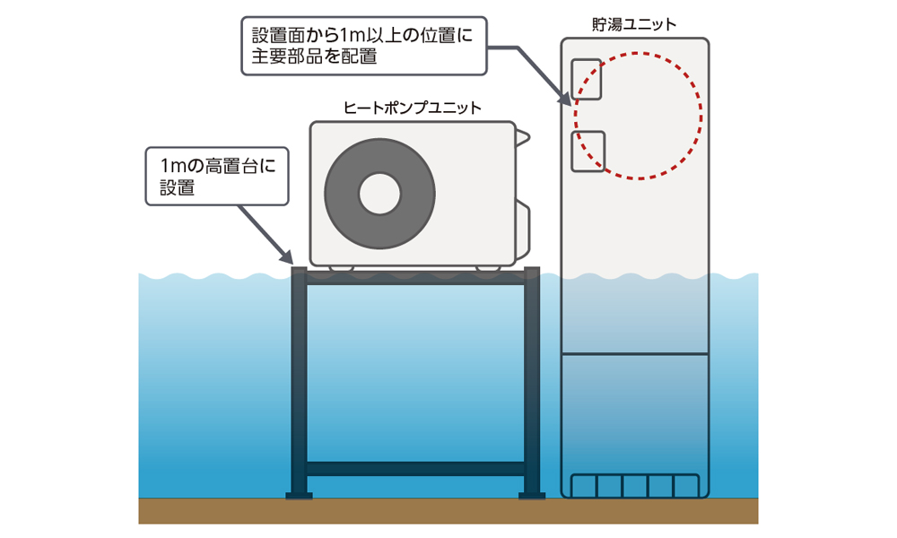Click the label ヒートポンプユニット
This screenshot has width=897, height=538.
click(413, 108)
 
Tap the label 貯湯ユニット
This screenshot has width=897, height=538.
click(634, 25)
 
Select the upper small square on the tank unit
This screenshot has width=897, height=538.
click(587, 79)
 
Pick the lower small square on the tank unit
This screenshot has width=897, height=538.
click(588, 152)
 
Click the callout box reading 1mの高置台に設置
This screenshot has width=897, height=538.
click(216, 177)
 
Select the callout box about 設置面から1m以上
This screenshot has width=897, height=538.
click(364, 46)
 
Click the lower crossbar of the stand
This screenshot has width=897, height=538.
click(415, 468)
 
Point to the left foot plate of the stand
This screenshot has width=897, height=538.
click(299, 495)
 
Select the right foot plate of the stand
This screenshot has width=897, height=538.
click(533, 495)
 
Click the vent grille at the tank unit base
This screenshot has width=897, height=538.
click(635, 484)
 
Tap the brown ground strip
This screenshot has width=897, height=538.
click(448, 511)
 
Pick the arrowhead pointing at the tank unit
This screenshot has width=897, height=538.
click(565, 100)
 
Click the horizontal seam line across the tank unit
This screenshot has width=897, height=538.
click(634, 354)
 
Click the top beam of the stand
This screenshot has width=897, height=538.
click(415, 278)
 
